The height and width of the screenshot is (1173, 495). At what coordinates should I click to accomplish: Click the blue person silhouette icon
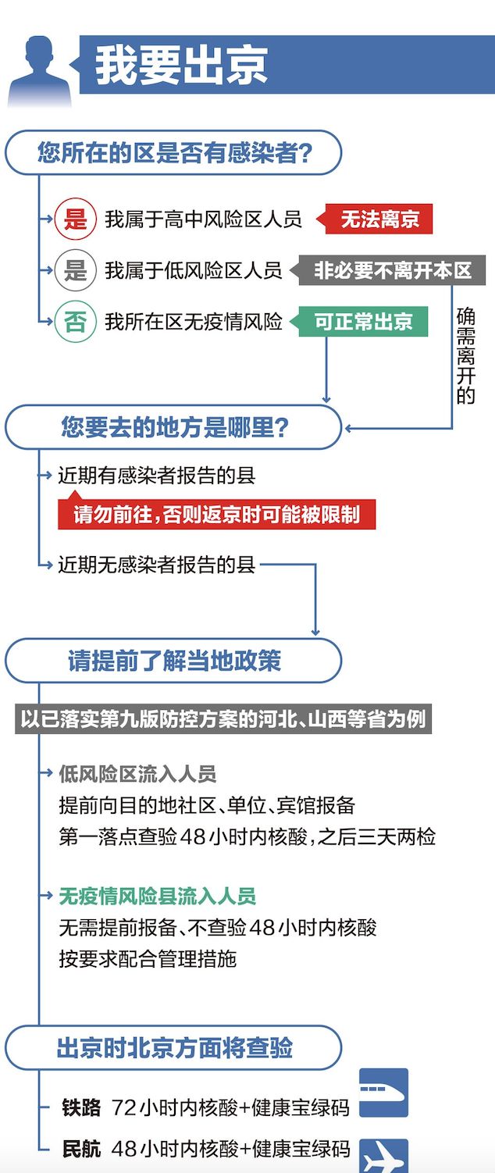(40, 71)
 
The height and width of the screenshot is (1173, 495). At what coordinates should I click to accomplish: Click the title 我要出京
(181, 66)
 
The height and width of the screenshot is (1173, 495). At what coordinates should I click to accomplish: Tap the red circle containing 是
(76, 219)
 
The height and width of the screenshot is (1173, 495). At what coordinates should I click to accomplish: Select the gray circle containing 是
(76, 270)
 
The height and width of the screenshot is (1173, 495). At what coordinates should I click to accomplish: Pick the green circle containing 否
(76, 322)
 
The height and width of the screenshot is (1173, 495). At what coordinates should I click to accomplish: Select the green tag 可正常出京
(359, 322)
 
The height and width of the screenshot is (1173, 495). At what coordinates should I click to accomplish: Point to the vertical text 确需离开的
(465, 356)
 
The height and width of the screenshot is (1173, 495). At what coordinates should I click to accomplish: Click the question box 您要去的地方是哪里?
(173, 427)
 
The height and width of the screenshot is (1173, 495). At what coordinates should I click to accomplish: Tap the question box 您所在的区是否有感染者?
(173, 152)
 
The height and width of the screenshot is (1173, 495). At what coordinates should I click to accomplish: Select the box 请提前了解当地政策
(173, 661)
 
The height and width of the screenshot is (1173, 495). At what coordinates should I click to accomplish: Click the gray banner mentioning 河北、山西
(223, 718)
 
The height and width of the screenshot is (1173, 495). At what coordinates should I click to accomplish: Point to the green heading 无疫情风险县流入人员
(157, 896)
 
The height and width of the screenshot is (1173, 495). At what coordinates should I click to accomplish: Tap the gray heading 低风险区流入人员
(137, 774)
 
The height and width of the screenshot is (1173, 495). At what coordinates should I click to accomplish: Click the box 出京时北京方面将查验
(173, 1047)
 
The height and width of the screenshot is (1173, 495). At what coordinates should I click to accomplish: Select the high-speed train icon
(383, 1093)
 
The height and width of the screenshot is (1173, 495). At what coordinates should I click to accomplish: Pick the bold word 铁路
(81, 1107)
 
